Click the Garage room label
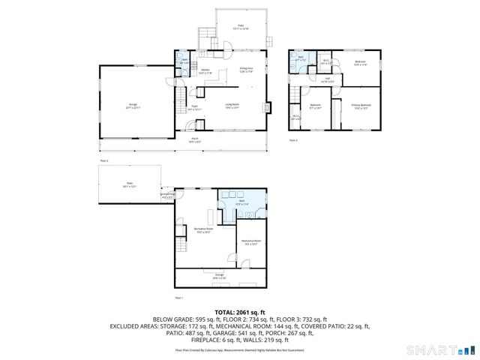point(132,105)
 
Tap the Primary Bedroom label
point(361,106)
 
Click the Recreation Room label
point(202,229)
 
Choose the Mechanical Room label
point(249,241)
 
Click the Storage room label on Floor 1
point(219,276)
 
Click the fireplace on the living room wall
point(265,106)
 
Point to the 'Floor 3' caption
point(293,140)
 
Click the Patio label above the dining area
point(241,27)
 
